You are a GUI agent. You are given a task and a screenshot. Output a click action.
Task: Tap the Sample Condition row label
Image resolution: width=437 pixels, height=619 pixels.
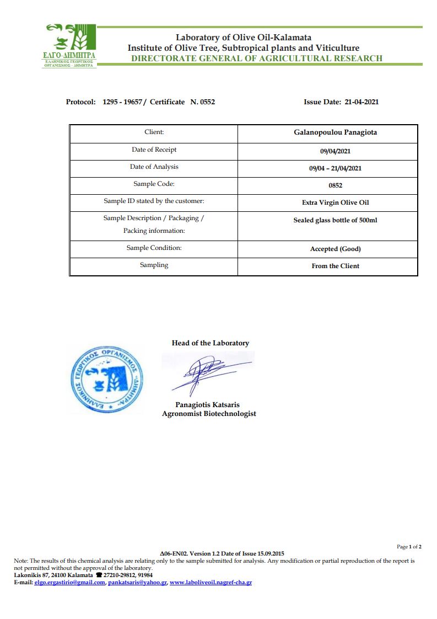[x=154, y=248]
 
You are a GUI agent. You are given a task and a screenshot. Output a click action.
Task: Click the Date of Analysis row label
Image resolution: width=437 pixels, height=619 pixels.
[x=154, y=167]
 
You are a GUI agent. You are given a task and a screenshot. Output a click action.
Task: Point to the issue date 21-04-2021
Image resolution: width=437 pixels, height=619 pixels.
[x=362, y=102]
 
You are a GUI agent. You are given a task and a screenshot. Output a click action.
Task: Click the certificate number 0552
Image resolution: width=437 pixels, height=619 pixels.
[x=207, y=102]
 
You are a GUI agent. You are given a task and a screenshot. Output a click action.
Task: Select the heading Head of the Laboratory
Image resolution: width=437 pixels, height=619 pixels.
[x=210, y=343]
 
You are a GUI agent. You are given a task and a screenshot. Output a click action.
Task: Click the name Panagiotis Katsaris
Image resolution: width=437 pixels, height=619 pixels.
[x=207, y=405]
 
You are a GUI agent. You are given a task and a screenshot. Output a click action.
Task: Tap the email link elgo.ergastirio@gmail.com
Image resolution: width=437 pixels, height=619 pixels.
[x=69, y=583]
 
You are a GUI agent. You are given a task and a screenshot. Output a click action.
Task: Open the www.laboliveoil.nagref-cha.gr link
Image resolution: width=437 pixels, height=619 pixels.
[x=211, y=583]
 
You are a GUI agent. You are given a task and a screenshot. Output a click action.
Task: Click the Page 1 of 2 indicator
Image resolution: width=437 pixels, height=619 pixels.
[x=409, y=547]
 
